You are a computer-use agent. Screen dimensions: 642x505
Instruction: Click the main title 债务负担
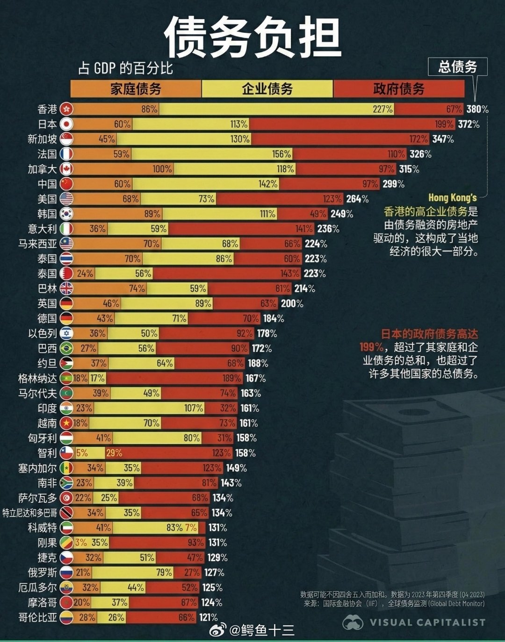point(252,37)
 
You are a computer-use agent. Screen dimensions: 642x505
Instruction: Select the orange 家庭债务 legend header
point(136,88)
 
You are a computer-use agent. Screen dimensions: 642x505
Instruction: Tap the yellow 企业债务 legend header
point(267,88)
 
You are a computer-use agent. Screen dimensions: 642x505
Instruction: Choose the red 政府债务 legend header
point(398,88)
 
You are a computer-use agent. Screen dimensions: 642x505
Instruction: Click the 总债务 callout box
point(457,67)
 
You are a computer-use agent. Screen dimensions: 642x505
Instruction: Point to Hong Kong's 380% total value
point(477,109)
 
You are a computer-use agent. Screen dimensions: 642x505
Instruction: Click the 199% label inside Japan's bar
point(444,124)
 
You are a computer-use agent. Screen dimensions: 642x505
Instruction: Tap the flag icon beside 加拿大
point(66,169)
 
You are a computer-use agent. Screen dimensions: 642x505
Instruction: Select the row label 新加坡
point(42,139)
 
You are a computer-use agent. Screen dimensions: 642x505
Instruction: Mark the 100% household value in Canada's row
point(162,169)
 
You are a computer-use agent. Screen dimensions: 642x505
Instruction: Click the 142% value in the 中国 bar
point(268,184)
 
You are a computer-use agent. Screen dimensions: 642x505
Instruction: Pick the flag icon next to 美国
point(66,199)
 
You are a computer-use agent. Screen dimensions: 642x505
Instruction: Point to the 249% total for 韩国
point(342,214)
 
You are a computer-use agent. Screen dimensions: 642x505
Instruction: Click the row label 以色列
point(42,334)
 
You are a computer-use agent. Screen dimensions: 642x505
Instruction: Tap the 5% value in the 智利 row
point(82,453)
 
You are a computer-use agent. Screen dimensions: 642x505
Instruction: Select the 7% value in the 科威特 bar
point(191,528)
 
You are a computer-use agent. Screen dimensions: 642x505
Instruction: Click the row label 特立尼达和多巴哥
point(30,513)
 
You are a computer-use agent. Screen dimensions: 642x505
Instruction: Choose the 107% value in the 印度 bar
point(194,408)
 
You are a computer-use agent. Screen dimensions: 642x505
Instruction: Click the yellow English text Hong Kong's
point(452,197)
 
